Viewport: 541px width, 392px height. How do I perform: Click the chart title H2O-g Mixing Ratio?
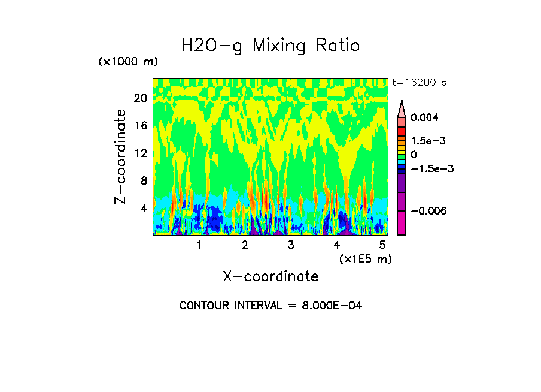pos(270,46)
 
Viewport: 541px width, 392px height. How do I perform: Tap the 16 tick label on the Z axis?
pos(141,125)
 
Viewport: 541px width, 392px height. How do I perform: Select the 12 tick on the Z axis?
pos(141,153)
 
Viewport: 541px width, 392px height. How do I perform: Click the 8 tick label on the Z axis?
pos(144,180)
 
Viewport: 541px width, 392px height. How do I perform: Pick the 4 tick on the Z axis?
pos(144,208)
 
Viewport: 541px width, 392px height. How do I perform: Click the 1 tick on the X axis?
pos(199,245)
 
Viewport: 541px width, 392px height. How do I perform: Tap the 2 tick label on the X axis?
pos(245,245)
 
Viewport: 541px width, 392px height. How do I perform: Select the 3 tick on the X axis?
pos(291,245)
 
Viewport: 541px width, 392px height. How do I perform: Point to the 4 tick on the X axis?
pos(337,245)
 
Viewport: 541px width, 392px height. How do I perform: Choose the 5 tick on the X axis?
pos(383,245)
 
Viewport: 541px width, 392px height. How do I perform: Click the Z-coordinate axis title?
pos(121,156)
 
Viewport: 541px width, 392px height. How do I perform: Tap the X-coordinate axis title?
pos(270,276)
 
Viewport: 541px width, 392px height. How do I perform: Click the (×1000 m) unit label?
pos(128,62)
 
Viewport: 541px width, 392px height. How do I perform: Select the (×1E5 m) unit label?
pos(365,258)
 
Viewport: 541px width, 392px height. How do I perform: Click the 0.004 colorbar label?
pos(424,117)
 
